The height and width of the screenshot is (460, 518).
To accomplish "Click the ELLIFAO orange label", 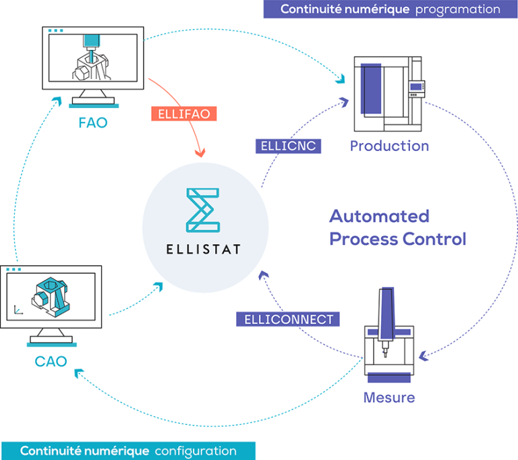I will point(184,114).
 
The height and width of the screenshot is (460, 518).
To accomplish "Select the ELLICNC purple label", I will point(287,146).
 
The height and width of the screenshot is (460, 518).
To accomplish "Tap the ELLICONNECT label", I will point(288,319).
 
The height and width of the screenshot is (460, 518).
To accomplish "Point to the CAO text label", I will point(51,362).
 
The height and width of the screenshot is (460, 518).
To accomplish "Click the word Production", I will point(389,146).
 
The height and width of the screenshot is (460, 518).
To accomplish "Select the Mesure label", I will point(389,397).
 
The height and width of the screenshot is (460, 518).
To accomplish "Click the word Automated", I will point(379,217).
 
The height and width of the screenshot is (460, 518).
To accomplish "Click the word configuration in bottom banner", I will point(196,451).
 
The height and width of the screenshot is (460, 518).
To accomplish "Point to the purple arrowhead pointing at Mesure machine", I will point(423,354).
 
